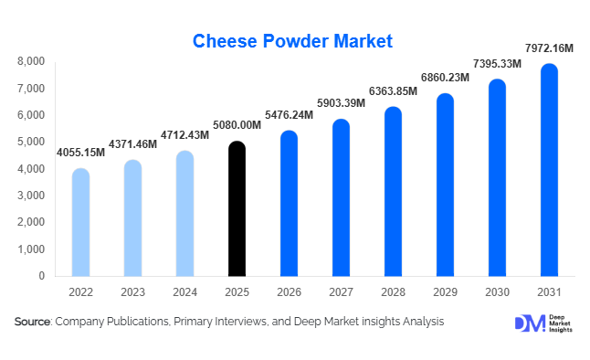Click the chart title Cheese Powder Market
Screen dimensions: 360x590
click(x=292, y=40)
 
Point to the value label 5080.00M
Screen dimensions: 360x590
click(x=237, y=125)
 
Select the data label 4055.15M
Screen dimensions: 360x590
click(x=80, y=152)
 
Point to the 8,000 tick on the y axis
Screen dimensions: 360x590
click(x=31, y=62)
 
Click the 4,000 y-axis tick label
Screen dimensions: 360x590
click(x=31, y=169)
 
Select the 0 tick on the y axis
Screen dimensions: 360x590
click(x=41, y=276)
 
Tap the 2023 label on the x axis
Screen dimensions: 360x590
click(x=132, y=292)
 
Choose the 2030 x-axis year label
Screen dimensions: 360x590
click(x=497, y=292)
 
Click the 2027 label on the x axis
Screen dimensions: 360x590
click(x=341, y=292)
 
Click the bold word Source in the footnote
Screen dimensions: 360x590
click(x=33, y=322)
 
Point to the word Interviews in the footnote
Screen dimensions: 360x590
click(x=244, y=322)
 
